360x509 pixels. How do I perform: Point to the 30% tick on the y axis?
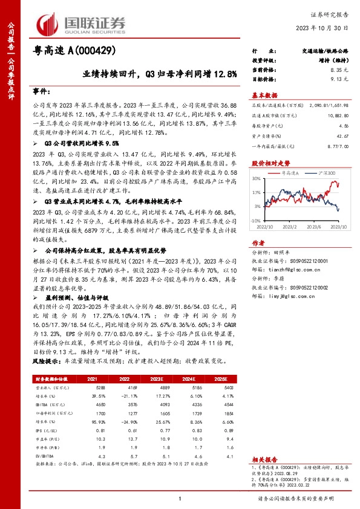[257, 180]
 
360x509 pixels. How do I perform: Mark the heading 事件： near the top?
[41, 91]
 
